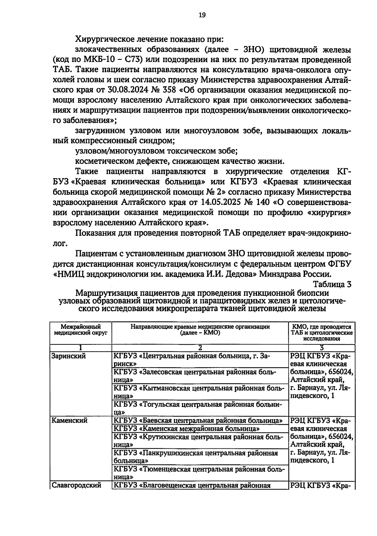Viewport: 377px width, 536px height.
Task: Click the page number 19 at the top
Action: point(202,15)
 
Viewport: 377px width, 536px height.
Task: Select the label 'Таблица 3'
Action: point(332,284)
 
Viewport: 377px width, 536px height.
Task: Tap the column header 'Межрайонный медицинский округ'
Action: point(81,329)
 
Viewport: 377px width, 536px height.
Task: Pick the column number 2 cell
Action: point(200,348)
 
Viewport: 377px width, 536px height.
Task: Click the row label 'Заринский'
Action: point(68,356)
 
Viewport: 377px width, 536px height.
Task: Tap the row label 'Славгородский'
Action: point(76,485)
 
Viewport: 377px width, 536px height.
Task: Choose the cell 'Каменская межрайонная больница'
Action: point(187,429)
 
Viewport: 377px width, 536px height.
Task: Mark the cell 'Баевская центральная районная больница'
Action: point(198,420)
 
